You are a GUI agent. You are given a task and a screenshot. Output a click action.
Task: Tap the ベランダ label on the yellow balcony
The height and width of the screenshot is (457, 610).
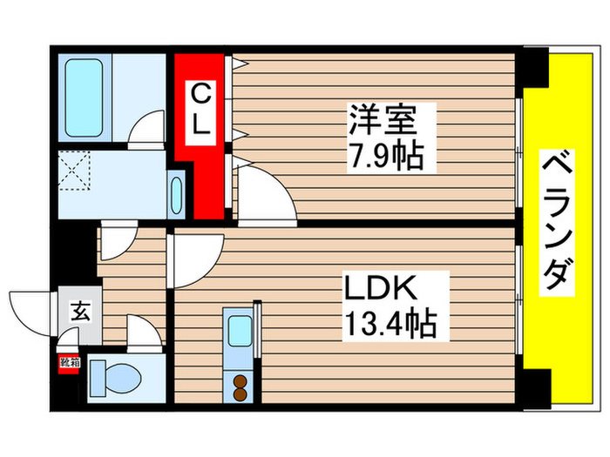pos(559,225)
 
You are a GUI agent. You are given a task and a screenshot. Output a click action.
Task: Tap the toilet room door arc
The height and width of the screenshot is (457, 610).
pos(141,332)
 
